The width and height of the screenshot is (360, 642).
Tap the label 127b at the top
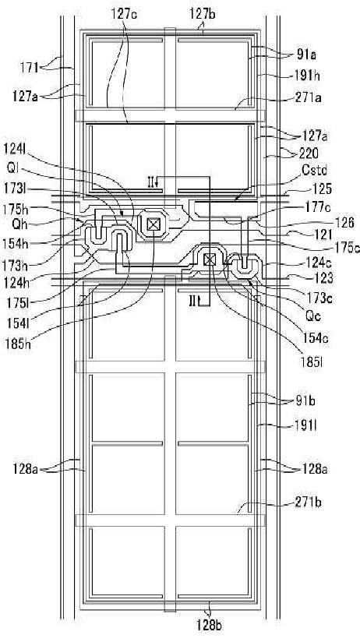pyautogui.click(x=203, y=13)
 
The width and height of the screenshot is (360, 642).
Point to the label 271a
pyautogui.click(x=306, y=98)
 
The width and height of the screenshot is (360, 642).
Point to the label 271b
pyautogui.click(x=308, y=503)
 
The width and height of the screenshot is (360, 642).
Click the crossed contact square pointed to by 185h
pyautogui.click(x=153, y=224)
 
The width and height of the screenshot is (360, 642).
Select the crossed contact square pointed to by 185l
pyautogui.click(x=210, y=259)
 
